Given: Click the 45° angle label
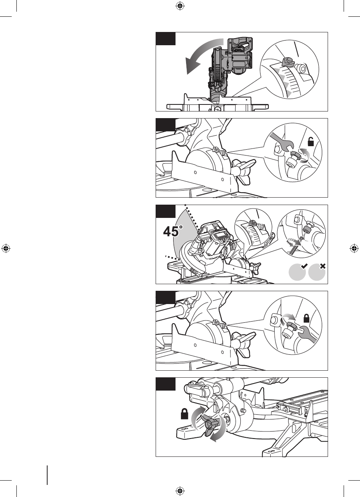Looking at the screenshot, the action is (173, 231).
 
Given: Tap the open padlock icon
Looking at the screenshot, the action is (311, 141).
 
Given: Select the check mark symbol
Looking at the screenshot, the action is (304, 266).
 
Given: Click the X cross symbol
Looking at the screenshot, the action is (323, 266).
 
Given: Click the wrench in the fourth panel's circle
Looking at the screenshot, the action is (305, 334).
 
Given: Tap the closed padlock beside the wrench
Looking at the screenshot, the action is (307, 318).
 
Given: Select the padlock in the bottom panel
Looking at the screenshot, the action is (184, 414).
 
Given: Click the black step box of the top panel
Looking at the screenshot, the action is (166, 39).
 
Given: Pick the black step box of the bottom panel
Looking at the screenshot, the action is (166, 384).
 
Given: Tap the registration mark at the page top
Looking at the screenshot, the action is (180, 6).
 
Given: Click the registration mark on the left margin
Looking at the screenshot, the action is (6, 248).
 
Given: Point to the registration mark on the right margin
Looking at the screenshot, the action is (354, 248).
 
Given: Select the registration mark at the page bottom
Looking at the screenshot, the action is (180, 490).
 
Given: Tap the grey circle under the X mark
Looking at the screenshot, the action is (317, 272).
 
